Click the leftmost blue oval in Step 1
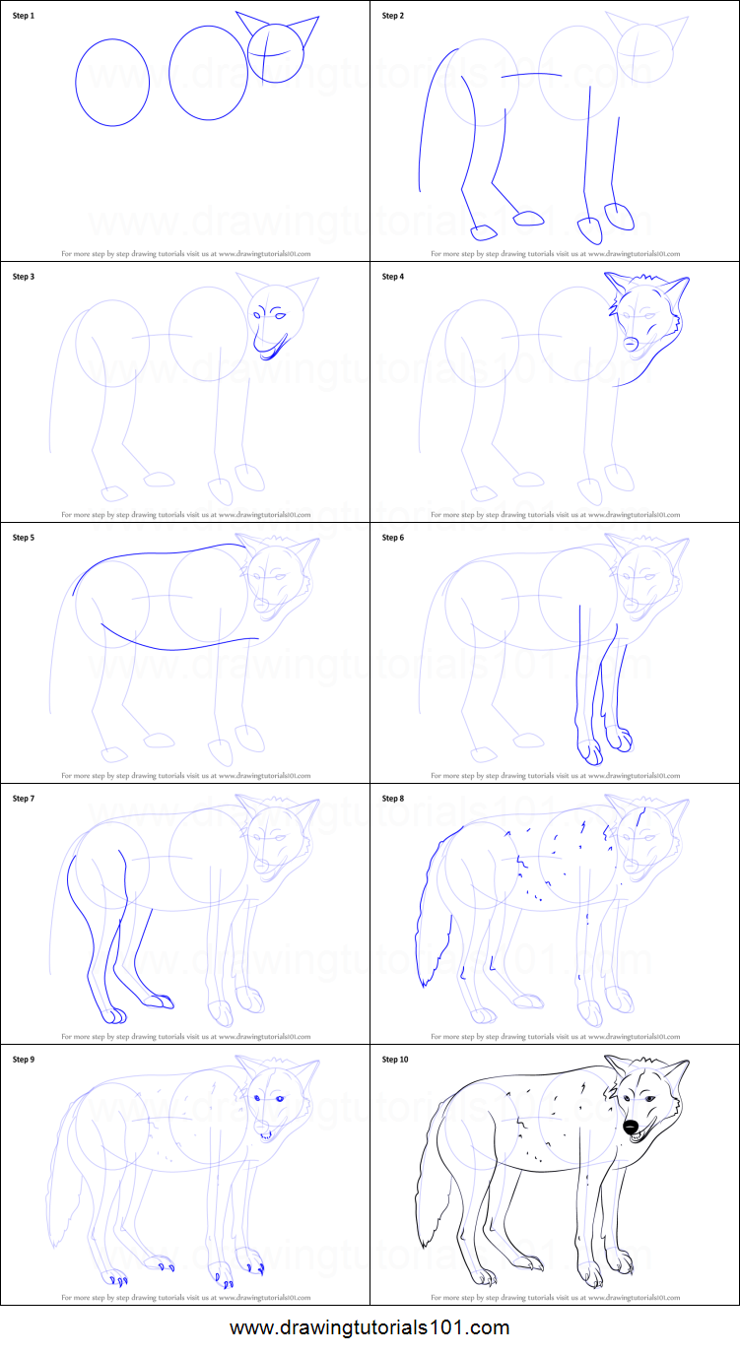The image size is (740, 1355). (112, 83)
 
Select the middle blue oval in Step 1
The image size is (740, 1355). (208, 73)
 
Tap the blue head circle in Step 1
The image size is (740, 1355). (275, 52)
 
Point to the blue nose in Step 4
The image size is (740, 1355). (631, 343)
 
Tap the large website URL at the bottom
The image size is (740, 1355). (370, 1327)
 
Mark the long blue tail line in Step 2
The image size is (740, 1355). (426, 118)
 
